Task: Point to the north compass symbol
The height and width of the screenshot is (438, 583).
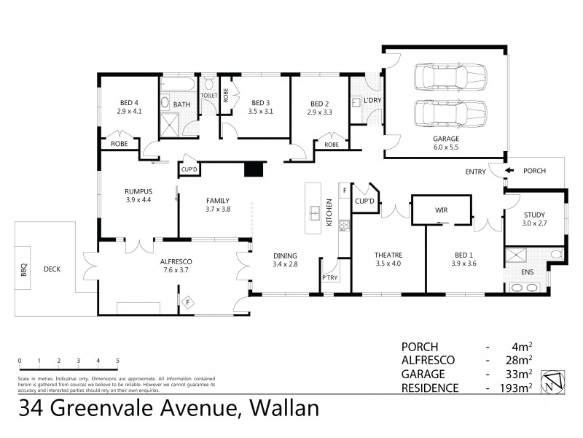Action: point(553,381)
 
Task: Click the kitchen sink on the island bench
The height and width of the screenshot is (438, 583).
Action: point(315,213)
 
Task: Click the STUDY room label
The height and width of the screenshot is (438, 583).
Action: point(534,214)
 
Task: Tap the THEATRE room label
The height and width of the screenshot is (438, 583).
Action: point(388,255)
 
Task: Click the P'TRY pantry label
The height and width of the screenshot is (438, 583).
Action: point(329,278)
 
